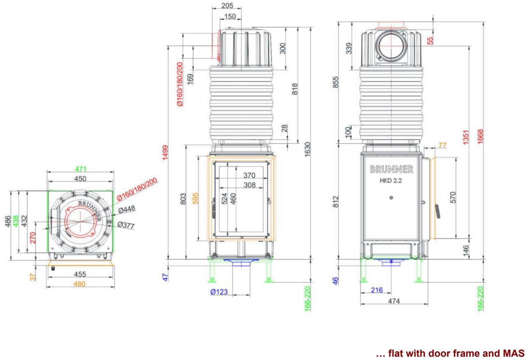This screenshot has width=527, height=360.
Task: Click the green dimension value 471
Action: click(x=81, y=169)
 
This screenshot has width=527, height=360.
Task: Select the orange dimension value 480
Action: click(x=79, y=284)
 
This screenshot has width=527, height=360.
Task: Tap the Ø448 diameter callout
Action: click(x=127, y=209)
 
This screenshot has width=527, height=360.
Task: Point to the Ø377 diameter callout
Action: click(x=126, y=225)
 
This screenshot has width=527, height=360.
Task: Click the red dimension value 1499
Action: click(x=165, y=152)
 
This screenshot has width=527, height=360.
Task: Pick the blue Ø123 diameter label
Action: click(x=219, y=292)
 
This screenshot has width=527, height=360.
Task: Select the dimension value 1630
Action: click(x=307, y=150)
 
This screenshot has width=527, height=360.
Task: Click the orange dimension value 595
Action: click(x=196, y=198)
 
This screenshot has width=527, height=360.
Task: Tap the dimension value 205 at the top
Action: click(x=227, y=6)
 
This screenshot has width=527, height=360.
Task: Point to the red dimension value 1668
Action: click(x=480, y=136)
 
